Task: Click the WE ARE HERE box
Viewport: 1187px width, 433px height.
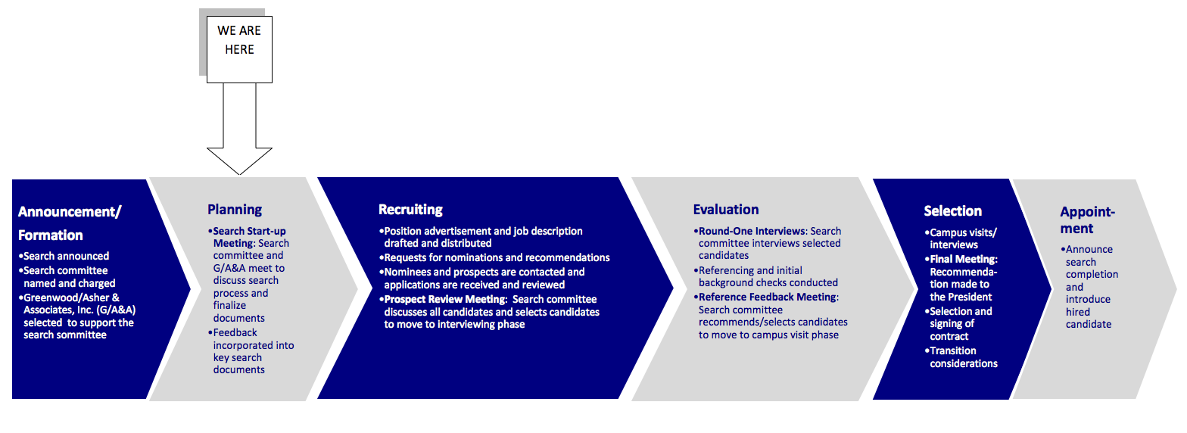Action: click(x=239, y=49)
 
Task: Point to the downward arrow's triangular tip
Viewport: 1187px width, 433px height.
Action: click(x=239, y=174)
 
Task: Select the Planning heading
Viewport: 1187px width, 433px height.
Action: click(x=235, y=210)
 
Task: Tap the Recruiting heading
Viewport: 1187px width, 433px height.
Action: click(x=410, y=210)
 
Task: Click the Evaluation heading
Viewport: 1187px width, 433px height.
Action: click(x=726, y=210)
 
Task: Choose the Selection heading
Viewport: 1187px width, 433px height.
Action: click(x=953, y=211)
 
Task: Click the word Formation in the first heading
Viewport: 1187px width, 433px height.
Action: click(x=50, y=235)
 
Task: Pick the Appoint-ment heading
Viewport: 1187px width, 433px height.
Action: click(x=1087, y=220)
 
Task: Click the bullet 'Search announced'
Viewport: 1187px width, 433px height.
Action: click(x=64, y=256)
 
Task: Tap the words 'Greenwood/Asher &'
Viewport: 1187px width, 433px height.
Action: click(x=71, y=297)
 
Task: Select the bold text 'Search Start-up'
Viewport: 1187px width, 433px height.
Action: click(x=250, y=231)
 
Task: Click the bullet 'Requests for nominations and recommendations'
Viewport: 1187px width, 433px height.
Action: click(x=494, y=257)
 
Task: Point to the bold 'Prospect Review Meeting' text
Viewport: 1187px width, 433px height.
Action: click(x=445, y=300)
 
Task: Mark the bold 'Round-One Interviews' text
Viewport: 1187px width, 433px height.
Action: click(x=752, y=231)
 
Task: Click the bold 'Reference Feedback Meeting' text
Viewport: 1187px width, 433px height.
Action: click(x=768, y=297)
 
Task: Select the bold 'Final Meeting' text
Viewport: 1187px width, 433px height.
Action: click(x=963, y=259)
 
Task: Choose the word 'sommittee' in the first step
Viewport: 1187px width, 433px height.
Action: click(x=84, y=335)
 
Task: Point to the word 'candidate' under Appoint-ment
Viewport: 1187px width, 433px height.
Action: click(x=1089, y=324)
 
